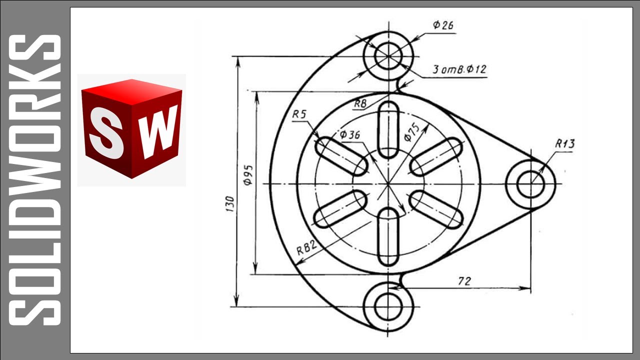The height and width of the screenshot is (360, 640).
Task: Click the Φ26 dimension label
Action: click(x=443, y=25)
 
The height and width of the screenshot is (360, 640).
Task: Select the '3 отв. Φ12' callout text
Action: click(x=458, y=70)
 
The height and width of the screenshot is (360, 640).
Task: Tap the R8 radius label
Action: click(x=360, y=103)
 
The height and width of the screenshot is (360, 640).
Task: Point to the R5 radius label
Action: click(x=299, y=114)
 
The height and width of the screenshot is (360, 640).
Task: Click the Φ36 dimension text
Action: click(x=349, y=134)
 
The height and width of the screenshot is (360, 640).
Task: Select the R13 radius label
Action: click(x=564, y=144)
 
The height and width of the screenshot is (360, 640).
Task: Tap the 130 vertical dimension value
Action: click(x=230, y=204)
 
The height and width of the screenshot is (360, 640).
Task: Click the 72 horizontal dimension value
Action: click(x=464, y=281)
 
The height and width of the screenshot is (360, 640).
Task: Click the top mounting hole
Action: click(x=388, y=55)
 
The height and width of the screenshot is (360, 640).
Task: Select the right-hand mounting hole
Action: click(x=530, y=184)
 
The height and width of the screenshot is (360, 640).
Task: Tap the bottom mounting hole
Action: click(x=388, y=306)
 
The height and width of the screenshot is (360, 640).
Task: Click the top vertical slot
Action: click(x=388, y=129)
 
